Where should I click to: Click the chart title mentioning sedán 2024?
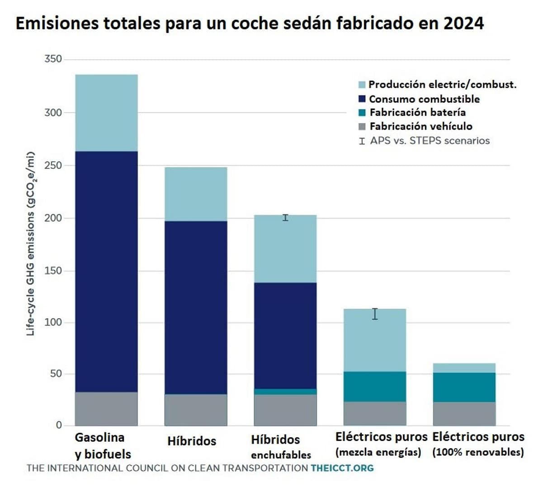click(x=250, y=23)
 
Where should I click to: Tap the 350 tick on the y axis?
click(x=53, y=59)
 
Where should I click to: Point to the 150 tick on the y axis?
click(x=53, y=271)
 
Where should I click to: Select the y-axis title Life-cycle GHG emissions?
click(x=31, y=244)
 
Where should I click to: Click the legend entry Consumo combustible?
click(x=424, y=99)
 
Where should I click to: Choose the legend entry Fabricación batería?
click(x=417, y=113)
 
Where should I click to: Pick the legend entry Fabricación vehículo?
click(x=421, y=127)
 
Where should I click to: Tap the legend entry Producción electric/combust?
click(x=442, y=84)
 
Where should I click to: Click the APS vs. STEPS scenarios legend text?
click(x=429, y=141)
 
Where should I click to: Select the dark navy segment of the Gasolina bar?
click(x=106, y=271)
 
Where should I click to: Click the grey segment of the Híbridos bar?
click(x=196, y=410)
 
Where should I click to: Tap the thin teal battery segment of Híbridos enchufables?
click(x=285, y=391)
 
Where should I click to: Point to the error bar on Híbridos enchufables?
click(x=285, y=218)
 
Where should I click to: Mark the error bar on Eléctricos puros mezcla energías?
click(x=375, y=314)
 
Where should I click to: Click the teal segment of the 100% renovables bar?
click(x=464, y=387)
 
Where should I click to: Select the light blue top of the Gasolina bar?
click(x=106, y=113)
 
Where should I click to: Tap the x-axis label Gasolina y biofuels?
click(x=103, y=446)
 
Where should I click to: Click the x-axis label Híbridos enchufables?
click(x=281, y=446)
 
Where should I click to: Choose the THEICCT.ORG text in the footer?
click(x=342, y=468)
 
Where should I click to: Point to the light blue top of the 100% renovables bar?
click(x=464, y=368)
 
